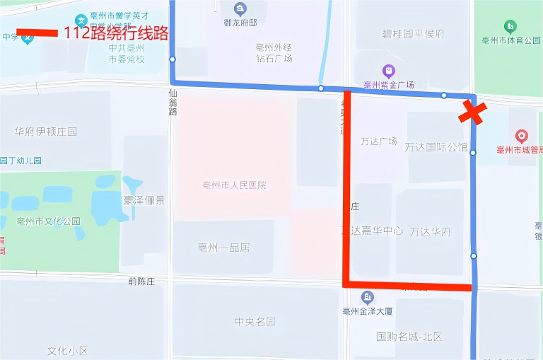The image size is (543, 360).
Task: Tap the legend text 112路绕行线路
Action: (117, 33)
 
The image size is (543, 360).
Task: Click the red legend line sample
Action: (37, 33)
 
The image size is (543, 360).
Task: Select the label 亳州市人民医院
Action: (234, 185)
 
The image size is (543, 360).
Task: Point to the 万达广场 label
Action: (379, 141)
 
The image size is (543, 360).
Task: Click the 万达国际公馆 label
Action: (436, 147)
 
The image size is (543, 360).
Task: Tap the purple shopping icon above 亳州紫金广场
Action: (388, 71)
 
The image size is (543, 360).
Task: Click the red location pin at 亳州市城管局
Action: (522, 136)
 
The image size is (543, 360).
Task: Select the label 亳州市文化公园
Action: (49, 221)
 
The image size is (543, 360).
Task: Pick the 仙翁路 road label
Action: (173, 102)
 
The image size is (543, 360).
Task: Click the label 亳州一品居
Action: (224, 248)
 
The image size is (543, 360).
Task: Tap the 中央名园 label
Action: (255, 322)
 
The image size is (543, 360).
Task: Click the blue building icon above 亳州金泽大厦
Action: (368, 297)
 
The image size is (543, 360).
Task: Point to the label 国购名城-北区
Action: (409, 337)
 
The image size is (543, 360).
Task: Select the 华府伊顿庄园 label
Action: (45, 132)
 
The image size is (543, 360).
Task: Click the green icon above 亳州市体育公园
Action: (510, 27)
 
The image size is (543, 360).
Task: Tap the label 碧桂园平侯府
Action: (413, 34)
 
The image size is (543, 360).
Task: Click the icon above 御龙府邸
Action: (240, 9)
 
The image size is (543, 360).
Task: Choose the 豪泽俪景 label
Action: (144, 200)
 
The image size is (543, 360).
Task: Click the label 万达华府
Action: (430, 231)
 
